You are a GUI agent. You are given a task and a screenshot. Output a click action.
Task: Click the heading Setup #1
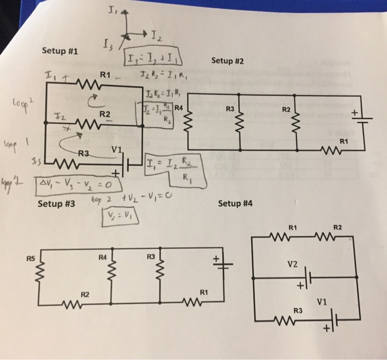pos(60,51)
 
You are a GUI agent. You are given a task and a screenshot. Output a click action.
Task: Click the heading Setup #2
pos(227,60)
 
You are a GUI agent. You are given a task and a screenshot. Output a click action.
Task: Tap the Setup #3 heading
pos(56,204)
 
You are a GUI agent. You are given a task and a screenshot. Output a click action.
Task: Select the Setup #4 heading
pos(236,204)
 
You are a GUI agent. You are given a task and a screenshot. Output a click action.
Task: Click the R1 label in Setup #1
pos(106,74)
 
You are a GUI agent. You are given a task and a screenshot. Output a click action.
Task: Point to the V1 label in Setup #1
pos(115,149)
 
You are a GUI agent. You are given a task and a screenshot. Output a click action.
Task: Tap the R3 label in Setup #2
pos(231,108)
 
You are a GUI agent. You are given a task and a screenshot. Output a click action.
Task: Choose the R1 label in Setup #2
pos(343,140)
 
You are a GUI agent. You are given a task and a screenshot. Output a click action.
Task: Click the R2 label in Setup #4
pos(338,227)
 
